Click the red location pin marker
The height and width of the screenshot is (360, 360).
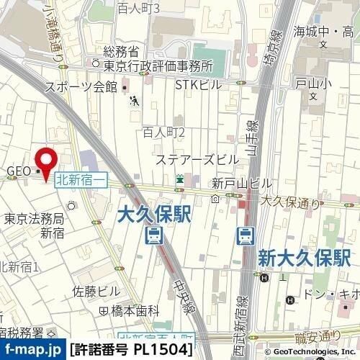pyautogui.click(x=47, y=161)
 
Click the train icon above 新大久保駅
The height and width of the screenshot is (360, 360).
pyautogui.click(x=246, y=235)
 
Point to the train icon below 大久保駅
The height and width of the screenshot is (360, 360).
pyautogui.click(x=153, y=235)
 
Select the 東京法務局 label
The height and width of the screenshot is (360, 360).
pyautogui.click(x=34, y=220)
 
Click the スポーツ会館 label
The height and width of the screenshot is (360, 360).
pyautogui.click(x=81, y=87)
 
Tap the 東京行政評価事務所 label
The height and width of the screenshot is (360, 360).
pyautogui.click(x=159, y=66)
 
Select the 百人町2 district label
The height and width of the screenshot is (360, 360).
pyautogui.click(x=163, y=132)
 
